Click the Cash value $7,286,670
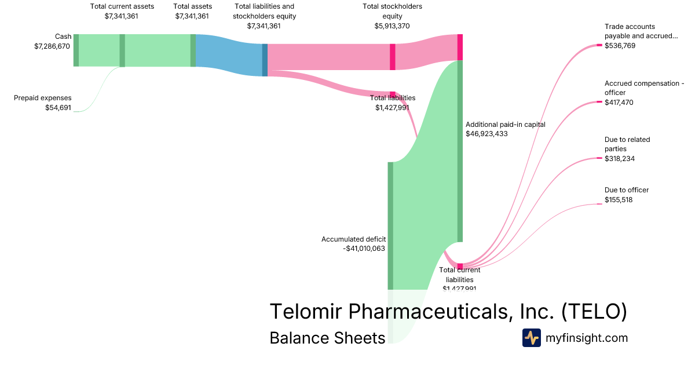tap(53, 46)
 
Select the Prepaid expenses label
tap(42, 98)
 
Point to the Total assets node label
tap(192, 6)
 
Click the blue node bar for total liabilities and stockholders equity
tap(265, 60)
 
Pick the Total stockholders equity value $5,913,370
tap(392, 25)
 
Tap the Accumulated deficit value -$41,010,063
tap(364, 249)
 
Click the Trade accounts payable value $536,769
tap(620, 45)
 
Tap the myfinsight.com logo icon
tap(531, 338)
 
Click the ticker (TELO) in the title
tap(594, 311)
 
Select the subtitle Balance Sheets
tap(327, 338)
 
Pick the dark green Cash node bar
tap(76, 50)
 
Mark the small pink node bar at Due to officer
tap(599, 204)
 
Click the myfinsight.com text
tap(587, 338)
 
